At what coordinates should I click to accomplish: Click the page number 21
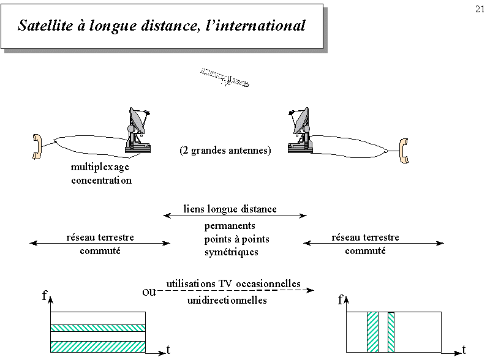tap(480, 9)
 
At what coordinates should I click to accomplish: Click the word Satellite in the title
tap(45, 25)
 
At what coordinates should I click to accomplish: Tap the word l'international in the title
tap(255, 25)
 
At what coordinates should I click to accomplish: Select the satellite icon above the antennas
tap(224, 78)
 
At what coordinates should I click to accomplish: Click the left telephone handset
tap(37, 146)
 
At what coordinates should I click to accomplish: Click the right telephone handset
tap(404, 151)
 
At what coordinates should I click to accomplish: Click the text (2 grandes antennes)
tap(225, 151)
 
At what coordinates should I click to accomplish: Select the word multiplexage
tap(100, 167)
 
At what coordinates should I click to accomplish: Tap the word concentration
tap(101, 181)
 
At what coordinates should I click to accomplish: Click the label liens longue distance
tap(230, 209)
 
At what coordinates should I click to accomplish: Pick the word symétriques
tap(232, 252)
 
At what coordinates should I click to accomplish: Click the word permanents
tap(230, 226)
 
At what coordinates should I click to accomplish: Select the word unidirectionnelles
tap(227, 301)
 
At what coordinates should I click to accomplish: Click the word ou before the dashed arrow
tap(149, 292)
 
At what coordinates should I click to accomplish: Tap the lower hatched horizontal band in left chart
tap(98, 347)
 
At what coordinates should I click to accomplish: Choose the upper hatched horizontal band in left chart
tap(98, 328)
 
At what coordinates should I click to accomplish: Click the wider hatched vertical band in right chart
tap(372, 332)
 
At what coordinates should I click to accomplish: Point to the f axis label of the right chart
tap(341, 300)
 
